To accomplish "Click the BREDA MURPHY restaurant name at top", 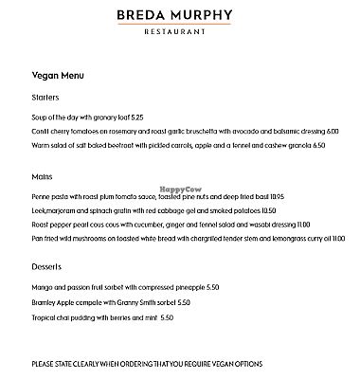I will point(179,15).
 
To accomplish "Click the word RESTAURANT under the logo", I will point(179,31).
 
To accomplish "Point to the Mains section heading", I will point(42,175).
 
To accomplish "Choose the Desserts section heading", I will point(47,267).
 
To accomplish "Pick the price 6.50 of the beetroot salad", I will point(317,146).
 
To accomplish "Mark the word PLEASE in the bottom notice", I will point(44,363).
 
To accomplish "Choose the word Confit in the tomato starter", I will point(41,132).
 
